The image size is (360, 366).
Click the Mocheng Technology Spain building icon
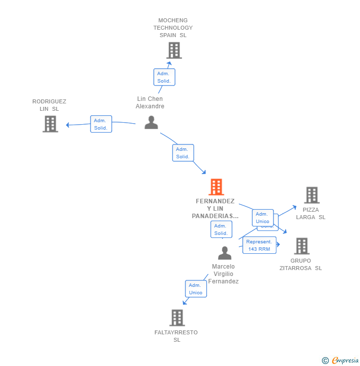coord(174,50)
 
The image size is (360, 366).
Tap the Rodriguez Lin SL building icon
coord(50,124)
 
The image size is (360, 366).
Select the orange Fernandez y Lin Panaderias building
coord(216,187)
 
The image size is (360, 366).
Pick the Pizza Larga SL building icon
coord(312,195)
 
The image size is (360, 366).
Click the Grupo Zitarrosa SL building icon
coord(302,246)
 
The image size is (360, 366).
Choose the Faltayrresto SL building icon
coord(177,318)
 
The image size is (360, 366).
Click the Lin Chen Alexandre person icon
coord(151,122)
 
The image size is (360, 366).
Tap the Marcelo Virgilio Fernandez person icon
coord(225,253)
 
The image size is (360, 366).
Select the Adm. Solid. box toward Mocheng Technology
coord(164,77)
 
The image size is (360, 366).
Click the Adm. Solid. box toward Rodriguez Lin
coord(101,124)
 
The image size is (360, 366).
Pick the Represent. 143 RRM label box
coord(259,245)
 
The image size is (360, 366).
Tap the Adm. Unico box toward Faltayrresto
coord(196,289)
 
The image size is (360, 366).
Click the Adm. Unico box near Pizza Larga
coord(263,218)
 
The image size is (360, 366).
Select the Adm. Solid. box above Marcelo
coord(221,229)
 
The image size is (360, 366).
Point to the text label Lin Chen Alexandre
coord(150,102)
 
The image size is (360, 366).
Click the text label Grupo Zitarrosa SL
coord(301,264)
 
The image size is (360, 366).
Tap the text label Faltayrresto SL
coord(176,336)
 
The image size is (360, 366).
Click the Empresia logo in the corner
coord(340,361)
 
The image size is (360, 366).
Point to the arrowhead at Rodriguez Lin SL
coord(68,125)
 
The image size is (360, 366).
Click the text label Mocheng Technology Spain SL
coord(173,28)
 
